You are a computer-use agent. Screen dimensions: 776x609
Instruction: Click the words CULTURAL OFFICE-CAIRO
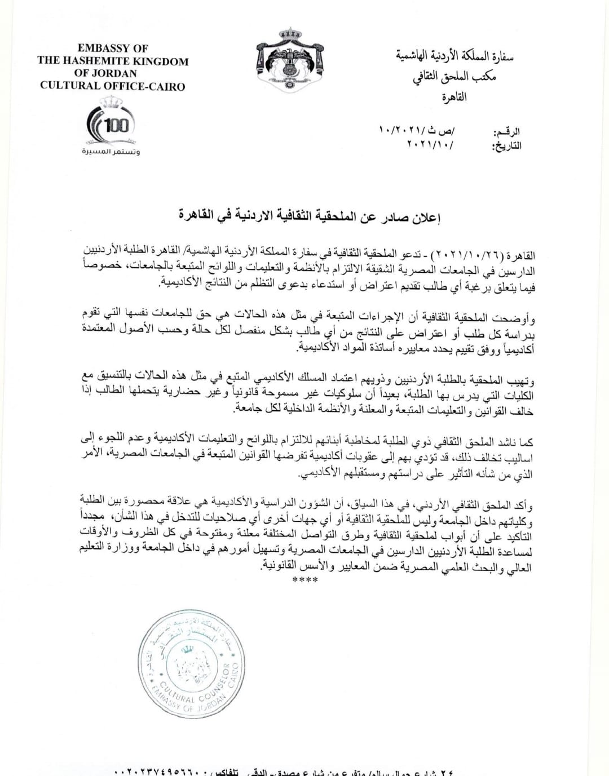coord(113,86)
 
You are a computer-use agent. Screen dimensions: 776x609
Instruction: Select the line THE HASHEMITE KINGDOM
coord(113,61)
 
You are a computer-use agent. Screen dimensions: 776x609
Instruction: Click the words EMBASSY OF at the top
coord(113,48)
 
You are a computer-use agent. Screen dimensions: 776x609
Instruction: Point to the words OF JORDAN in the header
coord(113,73)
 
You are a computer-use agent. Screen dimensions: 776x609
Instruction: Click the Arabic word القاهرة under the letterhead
coord(454,96)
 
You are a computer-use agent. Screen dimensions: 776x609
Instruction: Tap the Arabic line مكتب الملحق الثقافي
coord(454,77)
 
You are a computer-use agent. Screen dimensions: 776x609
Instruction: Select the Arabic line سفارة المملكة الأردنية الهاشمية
coord(454,57)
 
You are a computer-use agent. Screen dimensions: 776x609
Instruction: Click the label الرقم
coord(507,132)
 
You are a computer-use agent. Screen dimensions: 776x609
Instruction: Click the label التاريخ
coord(506,146)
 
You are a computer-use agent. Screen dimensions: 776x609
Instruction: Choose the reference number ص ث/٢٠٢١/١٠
coord(418,131)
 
